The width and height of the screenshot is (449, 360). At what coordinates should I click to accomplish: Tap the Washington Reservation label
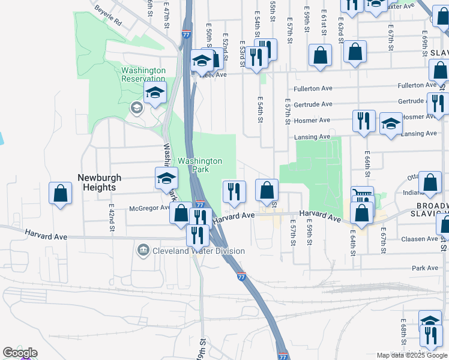pyautogui.click(x=143, y=74)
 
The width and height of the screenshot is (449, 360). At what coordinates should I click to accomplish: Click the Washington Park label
pyautogui.click(x=200, y=165)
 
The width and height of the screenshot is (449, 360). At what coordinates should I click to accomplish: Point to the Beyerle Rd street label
pyautogui.click(x=108, y=17)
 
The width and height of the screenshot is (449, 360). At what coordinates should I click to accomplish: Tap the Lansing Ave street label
pyautogui.click(x=312, y=137)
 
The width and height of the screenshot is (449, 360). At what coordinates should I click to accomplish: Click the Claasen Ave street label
pyautogui.click(x=420, y=239)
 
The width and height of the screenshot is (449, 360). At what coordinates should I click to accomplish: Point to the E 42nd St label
pyautogui.click(x=112, y=217)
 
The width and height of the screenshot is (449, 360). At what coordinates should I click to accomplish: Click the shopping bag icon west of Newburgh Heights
pyautogui.click(x=60, y=193)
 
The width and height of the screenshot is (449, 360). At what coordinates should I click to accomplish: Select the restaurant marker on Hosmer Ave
pyautogui.click(x=364, y=121)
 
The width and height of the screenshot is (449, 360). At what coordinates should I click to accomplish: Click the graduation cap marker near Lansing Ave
pyautogui.click(x=391, y=125)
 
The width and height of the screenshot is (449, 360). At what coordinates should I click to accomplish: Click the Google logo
pyautogui.click(x=20, y=353)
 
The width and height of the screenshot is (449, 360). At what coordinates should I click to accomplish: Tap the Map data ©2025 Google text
pyautogui.click(x=412, y=355)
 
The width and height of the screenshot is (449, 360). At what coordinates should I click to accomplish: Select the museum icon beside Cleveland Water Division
pyautogui.click(x=143, y=250)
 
